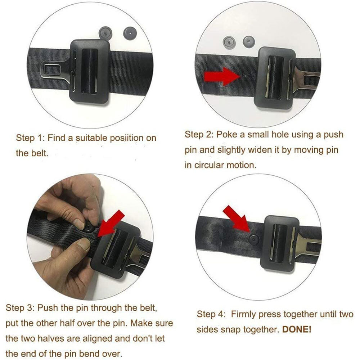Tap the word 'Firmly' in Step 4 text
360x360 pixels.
pyautogui.click(x=244, y=314)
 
